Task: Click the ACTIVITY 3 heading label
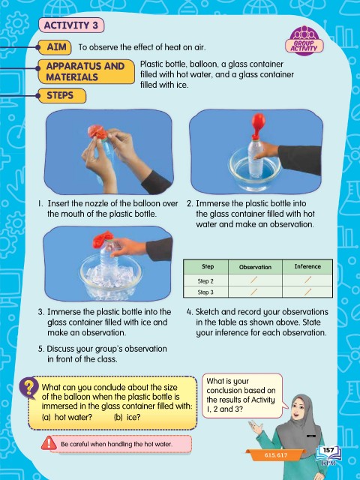pos(71,25)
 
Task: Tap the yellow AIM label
pos(55,47)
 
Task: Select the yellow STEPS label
pos(62,95)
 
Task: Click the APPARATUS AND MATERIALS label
pos(86,72)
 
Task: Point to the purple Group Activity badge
pos(304,40)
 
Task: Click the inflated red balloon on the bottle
pos(258,124)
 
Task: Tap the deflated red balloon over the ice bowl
pos(103,239)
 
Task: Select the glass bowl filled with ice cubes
pos(110,276)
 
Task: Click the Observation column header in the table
pos(255,267)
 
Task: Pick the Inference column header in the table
pos(307,267)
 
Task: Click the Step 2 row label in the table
pos(205,280)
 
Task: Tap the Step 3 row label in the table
pos(205,292)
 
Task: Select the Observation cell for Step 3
pos(255,292)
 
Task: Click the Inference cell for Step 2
pos(307,280)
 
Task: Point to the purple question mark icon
pos(28,388)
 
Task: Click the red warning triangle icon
pos(49,443)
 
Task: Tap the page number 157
pos(328,450)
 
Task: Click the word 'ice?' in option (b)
pos(133,417)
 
